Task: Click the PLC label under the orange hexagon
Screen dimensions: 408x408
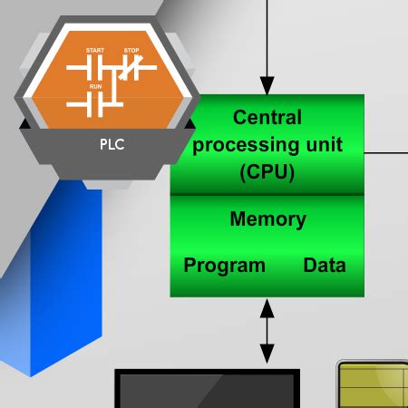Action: (x=107, y=143)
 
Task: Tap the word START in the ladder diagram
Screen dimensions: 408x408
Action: (x=94, y=49)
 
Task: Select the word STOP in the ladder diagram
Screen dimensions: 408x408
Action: (x=132, y=49)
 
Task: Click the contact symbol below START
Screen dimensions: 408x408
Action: (x=93, y=66)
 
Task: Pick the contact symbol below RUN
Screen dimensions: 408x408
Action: (x=94, y=102)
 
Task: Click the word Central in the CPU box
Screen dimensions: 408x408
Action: (x=267, y=117)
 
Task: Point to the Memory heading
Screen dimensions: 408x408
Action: (x=267, y=219)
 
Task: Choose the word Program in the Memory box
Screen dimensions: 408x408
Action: (x=225, y=266)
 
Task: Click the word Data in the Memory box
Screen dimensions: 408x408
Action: (x=325, y=266)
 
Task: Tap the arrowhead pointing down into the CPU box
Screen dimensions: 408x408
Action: (x=267, y=87)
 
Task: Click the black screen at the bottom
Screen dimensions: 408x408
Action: (x=207, y=390)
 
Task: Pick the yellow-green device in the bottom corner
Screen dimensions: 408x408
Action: (x=374, y=385)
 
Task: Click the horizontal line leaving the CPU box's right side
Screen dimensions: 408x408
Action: (x=386, y=152)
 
